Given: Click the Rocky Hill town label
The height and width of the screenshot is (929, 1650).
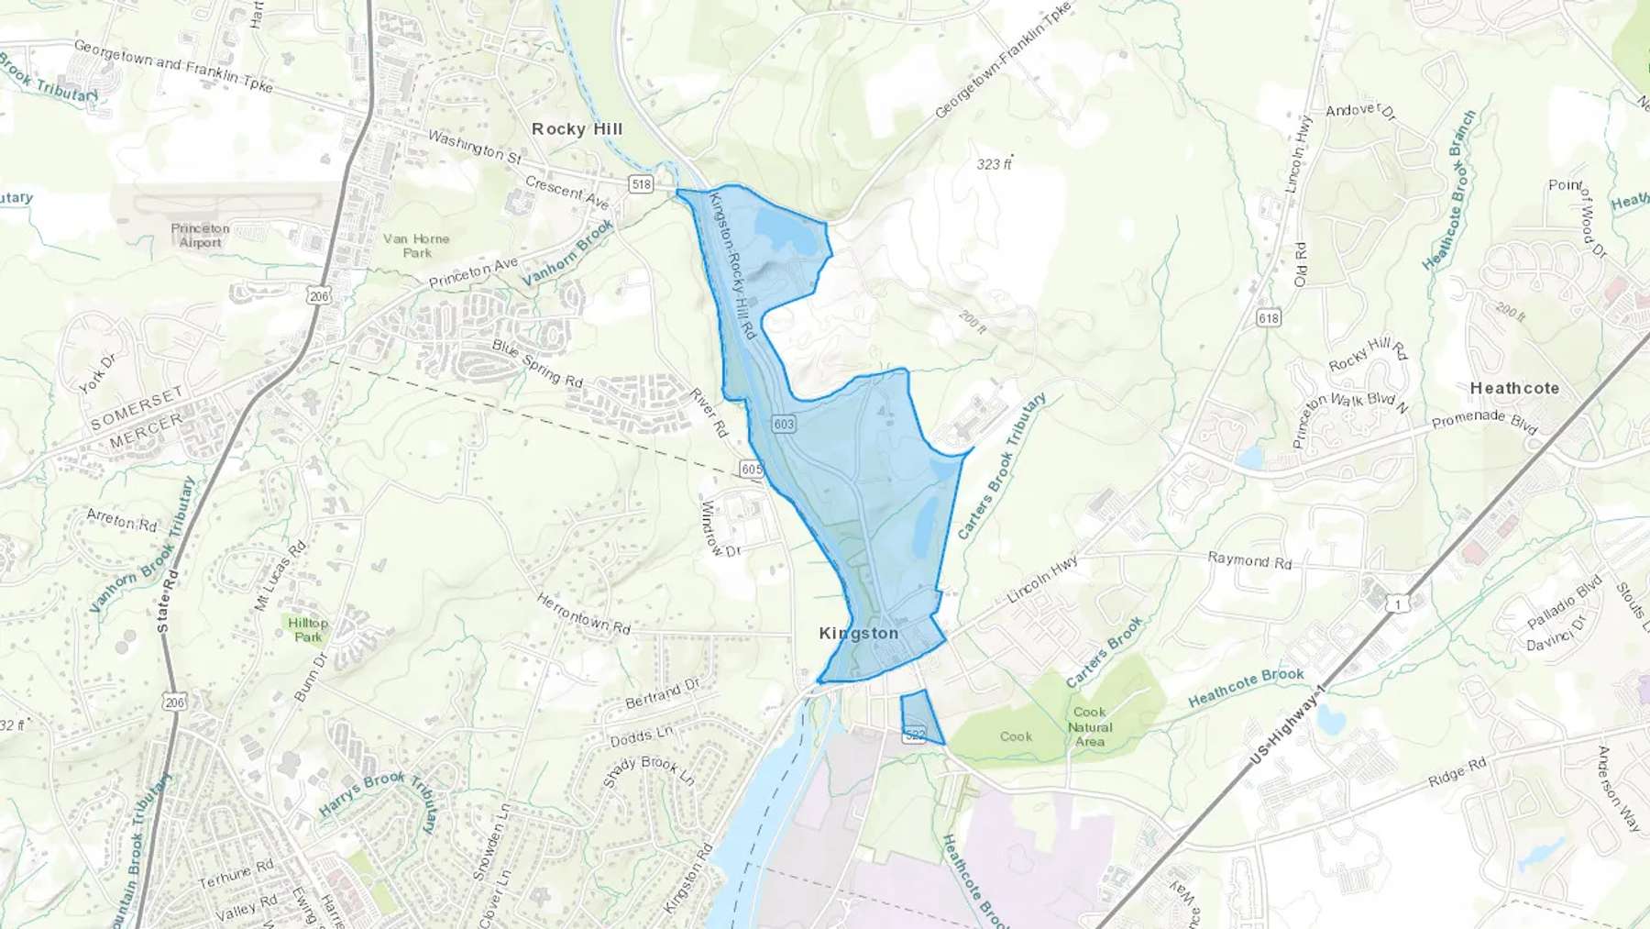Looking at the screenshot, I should point(577,129).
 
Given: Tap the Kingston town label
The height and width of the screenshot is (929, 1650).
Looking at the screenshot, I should point(858,634).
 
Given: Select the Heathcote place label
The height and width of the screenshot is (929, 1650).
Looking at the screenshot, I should point(1514,389).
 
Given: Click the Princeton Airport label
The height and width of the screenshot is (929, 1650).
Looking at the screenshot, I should point(200,236).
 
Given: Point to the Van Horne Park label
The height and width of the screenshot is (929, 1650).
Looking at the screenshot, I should point(416,246).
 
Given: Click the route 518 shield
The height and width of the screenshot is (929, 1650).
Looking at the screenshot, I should point(641,184).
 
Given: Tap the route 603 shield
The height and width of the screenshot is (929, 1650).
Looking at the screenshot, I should point(783,424).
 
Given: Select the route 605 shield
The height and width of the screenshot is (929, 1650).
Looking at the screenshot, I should point(751,470).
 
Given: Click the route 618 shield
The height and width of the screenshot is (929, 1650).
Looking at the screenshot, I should point(1269,318).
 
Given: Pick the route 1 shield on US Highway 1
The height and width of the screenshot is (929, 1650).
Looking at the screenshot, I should point(1398,603).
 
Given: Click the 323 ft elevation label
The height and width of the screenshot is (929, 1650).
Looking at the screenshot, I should point(994,164).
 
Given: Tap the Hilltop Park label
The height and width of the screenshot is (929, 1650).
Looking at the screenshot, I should point(308,630).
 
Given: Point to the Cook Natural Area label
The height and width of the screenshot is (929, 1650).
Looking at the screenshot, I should point(1089,726).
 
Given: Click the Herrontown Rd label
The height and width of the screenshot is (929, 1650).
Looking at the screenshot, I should point(583,614).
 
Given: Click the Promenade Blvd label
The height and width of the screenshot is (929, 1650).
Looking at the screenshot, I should point(1483,422).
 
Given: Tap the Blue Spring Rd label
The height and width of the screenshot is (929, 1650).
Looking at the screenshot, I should point(537,363).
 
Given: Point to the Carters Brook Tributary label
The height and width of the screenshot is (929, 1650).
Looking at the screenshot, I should point(1001,467).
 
